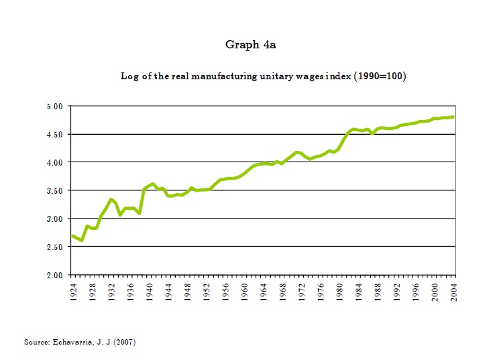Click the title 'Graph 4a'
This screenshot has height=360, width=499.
250,45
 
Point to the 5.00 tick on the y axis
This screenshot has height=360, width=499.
54,106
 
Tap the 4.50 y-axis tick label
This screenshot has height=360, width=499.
54,134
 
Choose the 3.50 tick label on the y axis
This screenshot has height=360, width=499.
54,190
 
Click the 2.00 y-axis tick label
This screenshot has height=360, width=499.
54,275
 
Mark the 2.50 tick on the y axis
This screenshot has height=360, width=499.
54,247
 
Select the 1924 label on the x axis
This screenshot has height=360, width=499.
72,292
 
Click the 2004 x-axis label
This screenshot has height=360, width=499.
454,292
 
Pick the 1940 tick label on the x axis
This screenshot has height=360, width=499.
149,292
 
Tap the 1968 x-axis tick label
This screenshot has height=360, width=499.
282,292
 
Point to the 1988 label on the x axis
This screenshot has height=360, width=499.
378,292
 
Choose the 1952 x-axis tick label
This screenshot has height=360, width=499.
206,292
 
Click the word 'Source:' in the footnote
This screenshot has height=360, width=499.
37,342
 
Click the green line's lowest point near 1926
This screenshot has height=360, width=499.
82,240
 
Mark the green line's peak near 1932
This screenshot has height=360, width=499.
111,199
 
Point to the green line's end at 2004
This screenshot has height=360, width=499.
454,117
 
